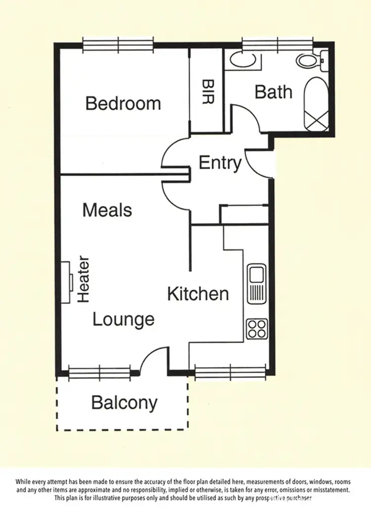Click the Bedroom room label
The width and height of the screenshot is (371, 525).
coord(123,103)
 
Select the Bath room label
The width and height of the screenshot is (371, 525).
coord(273,92)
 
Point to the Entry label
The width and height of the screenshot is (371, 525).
coord(220,162)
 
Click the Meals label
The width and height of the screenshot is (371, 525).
coord(107,210)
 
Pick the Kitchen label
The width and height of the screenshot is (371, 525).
coord(198,294)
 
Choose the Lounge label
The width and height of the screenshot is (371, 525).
coord(124,320)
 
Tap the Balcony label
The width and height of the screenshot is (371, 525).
coord(124,403)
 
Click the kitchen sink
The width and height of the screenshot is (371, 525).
coord(256,284)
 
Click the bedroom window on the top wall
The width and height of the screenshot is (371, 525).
coord(118,45)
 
